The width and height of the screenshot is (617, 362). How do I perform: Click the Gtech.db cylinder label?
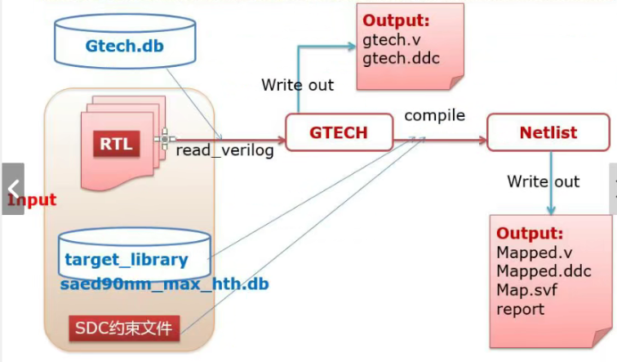[x=124, y=45]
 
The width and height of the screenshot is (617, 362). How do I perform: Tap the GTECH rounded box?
[x=338, y=132]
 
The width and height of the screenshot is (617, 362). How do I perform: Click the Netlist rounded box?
[x=548, y=132]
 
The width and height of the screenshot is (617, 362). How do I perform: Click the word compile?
[x=434, y=115]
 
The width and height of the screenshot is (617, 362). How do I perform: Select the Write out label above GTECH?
[x=297, y=85]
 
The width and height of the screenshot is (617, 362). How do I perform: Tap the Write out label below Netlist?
[x=543, y=181]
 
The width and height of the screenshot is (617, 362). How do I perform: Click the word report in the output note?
[x=520, y=309]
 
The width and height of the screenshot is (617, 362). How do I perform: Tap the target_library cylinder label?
[x=127, y=261]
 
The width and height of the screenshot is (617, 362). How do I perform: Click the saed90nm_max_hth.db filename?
[x=165, y=284]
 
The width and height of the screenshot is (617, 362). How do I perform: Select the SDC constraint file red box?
[x=122, y=329]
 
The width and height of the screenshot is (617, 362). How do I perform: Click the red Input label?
[x=33, y=199]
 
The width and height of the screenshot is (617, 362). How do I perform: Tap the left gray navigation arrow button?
[x=12, y=189]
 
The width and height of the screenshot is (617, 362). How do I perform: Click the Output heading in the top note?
[x=396, y=20]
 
